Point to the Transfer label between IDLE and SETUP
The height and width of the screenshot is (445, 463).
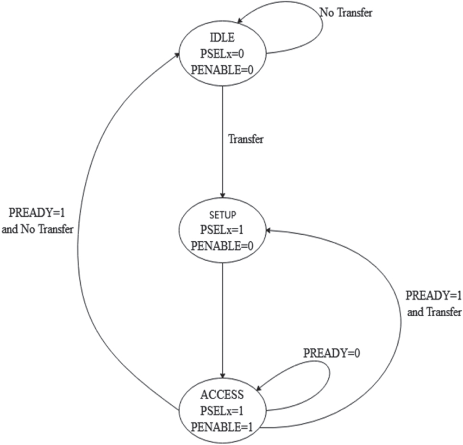[x=246, y=138]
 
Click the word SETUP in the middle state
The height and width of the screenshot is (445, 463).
[x=224, y=215]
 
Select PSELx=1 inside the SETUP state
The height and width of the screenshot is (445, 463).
[x=224, y=229]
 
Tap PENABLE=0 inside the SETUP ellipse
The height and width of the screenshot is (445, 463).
[x=224, y=244]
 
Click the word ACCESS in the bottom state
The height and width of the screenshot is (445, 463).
[x=222, y=395]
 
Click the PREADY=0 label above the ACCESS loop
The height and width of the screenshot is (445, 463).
[x=332, y=353]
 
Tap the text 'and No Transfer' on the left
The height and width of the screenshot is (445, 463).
[x=38, y=229]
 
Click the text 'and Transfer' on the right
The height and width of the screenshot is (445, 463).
[x=434, y=312]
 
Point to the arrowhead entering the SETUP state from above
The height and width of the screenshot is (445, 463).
[x=223, y=195]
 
